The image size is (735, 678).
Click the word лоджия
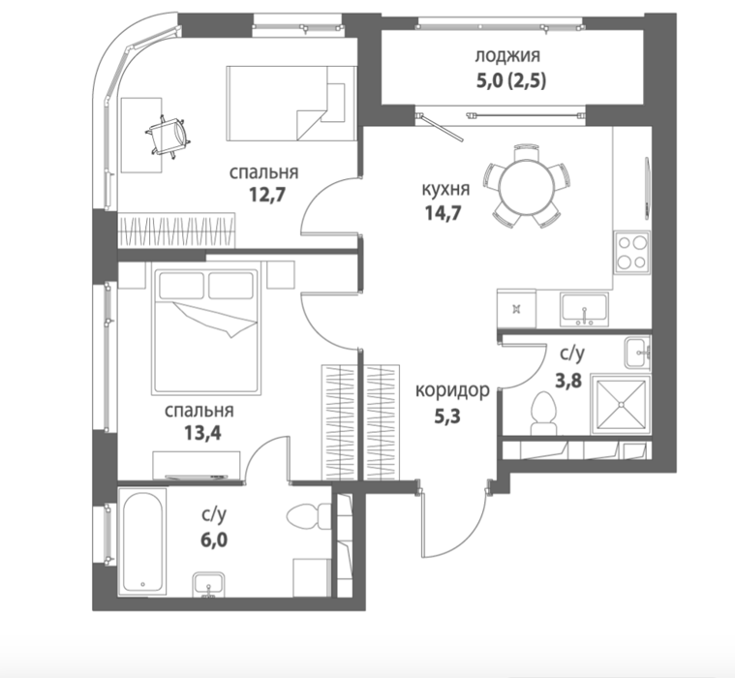point(507,57)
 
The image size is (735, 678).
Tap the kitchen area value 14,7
point(443,213)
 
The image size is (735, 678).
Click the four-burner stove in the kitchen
point(632,252)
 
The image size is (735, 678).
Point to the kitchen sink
point(584,310)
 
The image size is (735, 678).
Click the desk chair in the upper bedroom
point(168,136)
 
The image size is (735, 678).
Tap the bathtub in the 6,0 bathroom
point(142,541)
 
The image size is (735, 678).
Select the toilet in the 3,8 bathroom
point(544,414)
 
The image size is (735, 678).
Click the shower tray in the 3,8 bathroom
point(621,404)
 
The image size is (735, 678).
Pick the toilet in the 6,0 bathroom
point(309,516)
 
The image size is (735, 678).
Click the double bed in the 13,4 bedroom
point(206,329)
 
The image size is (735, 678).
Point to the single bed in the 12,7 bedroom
point(291,104)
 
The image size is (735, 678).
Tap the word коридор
point(452,390)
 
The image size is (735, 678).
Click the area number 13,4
point(202,433)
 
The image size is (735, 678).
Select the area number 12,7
point(266,194)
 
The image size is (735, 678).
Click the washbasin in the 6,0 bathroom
point(208,584)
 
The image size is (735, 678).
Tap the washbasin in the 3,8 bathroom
point(637,352)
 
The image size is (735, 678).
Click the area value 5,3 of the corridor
point(447,416)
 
